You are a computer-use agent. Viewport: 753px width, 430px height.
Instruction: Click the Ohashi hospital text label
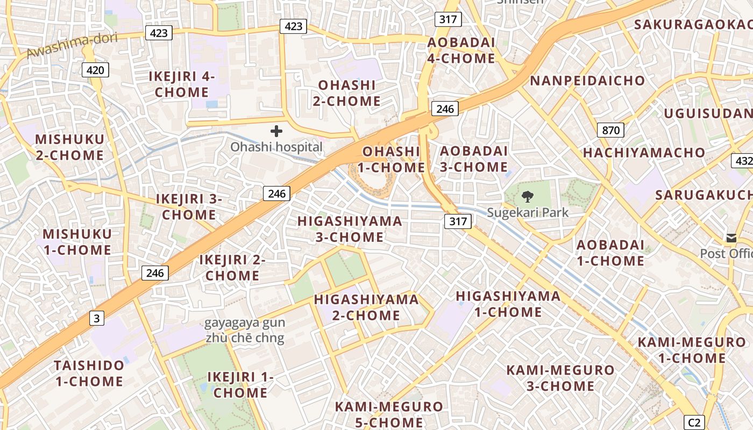276,147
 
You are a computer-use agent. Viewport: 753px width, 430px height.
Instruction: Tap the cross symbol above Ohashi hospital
276,131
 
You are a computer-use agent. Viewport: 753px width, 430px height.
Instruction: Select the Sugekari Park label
528,212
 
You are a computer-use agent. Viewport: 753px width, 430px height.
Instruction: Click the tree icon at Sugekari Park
528,196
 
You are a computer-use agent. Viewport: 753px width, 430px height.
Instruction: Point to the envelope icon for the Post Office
731,238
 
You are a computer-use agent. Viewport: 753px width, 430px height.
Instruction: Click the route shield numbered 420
96,69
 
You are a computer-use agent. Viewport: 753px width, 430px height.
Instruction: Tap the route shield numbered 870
610,130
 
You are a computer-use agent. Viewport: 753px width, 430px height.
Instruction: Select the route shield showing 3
96,318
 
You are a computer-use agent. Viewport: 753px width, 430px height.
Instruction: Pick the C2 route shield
694,422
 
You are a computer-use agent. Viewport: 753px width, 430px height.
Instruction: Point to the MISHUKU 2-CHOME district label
69,147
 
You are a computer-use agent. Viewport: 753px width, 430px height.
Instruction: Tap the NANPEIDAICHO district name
587,81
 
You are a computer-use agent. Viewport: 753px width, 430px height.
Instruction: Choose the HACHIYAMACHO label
644,153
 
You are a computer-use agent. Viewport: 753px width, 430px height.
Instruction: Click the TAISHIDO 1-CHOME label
88,374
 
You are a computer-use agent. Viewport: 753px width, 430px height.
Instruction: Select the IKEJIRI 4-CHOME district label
182,84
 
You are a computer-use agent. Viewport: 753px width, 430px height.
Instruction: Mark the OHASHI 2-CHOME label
347,93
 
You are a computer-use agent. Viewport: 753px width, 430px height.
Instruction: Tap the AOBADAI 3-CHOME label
474,159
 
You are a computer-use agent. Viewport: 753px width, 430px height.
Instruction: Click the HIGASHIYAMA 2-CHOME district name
366,307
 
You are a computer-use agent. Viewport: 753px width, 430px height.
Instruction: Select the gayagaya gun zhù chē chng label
245,331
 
